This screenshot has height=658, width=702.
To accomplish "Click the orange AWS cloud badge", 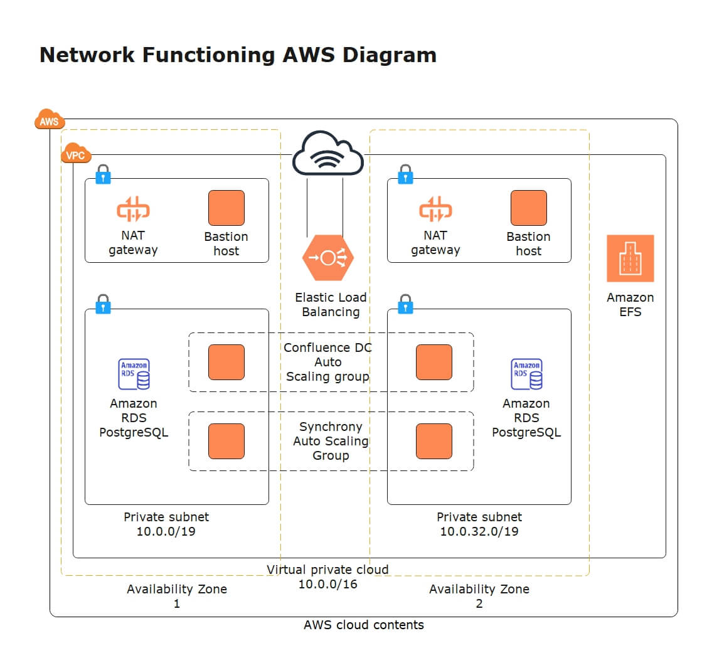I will (49, 120).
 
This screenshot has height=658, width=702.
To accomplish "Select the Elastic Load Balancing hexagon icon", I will (327, 258).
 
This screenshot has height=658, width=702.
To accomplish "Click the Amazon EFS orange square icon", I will (630, 258).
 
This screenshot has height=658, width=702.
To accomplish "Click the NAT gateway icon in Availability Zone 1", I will (133, 210).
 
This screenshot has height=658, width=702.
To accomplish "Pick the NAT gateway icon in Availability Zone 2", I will (435, 210).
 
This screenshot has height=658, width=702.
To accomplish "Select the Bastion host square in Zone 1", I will (226, 208).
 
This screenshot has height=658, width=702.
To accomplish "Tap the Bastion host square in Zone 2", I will (528, 208).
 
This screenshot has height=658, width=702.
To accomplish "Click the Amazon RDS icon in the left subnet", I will (134, 374).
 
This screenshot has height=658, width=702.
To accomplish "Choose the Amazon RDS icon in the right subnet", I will (526, 374).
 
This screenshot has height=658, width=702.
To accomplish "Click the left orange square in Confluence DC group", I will (226, 362).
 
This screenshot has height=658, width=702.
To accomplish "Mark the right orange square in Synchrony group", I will (433, 441).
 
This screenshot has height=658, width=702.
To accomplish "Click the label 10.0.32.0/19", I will (479, 531).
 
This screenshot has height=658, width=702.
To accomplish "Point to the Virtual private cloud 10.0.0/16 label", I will (327, 576).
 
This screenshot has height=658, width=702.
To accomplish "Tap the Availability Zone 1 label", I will (177, 596).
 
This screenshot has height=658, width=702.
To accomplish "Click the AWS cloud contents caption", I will (363, 625).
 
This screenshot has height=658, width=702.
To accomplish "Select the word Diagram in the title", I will (390, 55).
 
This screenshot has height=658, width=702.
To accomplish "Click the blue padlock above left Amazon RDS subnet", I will (103, 304).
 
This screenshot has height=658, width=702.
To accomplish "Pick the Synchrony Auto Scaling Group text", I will (331, 441).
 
